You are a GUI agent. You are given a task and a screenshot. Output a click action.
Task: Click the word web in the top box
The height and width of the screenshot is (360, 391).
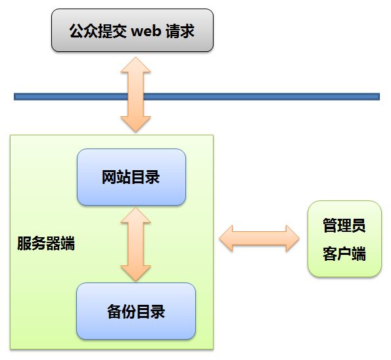pos(145,31)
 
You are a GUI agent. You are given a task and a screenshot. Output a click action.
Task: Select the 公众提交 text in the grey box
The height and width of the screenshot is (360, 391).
pos(98,31)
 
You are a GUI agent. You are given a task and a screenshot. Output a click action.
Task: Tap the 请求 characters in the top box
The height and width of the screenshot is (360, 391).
pos(179,31)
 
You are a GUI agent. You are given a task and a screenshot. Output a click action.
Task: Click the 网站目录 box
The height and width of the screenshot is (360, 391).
pos(131,177)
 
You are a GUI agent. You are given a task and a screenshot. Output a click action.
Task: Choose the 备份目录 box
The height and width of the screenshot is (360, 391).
pos(136,311)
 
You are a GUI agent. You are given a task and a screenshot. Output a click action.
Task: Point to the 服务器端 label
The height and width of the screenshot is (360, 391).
pos(46,243)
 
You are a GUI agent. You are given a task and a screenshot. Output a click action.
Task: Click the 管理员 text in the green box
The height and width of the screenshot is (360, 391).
pos(344,225)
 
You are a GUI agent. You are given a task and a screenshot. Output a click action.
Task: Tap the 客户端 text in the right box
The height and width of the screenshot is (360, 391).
pos(344,254)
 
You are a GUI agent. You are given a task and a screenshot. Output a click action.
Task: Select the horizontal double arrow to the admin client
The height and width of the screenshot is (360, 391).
pos(260,238)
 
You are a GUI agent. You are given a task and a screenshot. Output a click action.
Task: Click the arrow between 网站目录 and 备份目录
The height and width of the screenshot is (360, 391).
pos(135,244)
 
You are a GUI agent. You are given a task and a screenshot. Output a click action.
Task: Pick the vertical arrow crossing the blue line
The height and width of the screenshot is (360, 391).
pos(135,95)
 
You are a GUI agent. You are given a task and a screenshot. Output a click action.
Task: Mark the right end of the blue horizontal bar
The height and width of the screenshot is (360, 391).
pos(379,97)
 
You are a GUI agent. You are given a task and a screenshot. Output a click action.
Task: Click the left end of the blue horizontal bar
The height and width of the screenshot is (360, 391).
pos(14,97)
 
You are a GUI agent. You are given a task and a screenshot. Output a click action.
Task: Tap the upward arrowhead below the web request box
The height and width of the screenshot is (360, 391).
pos(135,65)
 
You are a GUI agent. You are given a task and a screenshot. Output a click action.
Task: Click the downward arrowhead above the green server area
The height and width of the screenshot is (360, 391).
pos(135,124)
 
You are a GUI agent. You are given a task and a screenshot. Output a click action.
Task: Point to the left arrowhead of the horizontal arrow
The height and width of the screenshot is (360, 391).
pos(226,238)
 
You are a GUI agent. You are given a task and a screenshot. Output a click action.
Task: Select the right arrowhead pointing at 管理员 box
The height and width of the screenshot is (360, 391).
pos(292,238)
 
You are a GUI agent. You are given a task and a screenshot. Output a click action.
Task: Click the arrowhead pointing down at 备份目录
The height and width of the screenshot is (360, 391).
pos(135,273)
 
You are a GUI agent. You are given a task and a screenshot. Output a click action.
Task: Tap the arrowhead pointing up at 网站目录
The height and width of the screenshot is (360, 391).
pos(135,215)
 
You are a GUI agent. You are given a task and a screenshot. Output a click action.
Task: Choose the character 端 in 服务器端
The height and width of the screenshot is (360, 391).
pos(68,243)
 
